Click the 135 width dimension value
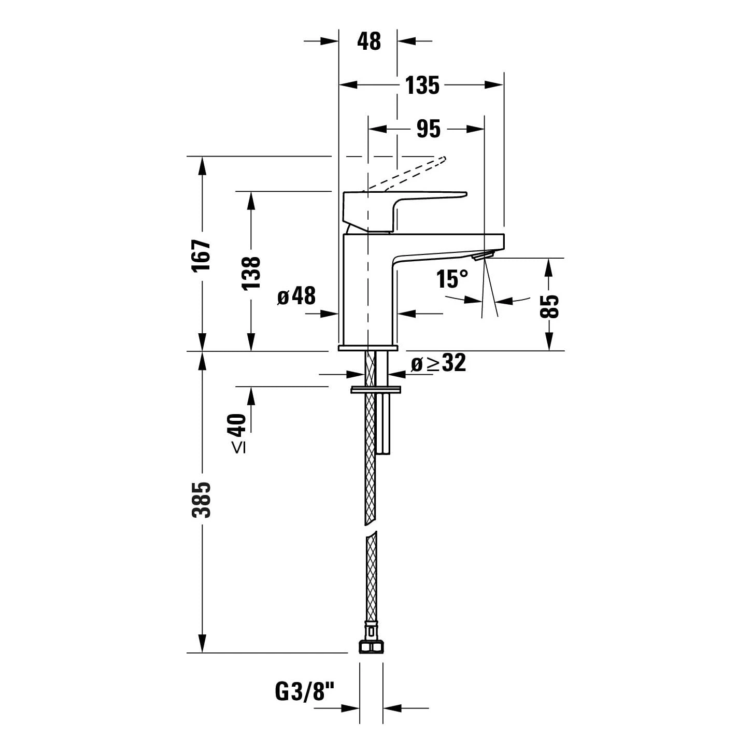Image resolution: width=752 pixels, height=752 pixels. click(422, 86)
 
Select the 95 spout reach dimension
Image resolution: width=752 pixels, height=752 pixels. click(429, 129)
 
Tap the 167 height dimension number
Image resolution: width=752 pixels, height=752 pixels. click(202, 255)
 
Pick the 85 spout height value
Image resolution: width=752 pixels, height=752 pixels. click(550, 305)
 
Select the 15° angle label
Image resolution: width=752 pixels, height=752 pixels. click(452, 279)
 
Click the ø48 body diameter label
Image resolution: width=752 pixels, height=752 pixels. click(296, 296)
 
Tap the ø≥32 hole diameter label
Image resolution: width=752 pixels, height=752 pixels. click(438, 363)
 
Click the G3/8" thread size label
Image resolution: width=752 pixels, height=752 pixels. click(305, 692)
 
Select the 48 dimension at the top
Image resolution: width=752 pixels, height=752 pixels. click(369, 41)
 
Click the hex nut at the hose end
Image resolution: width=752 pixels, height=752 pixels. click(371, 647)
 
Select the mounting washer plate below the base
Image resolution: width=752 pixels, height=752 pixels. click(376, 389)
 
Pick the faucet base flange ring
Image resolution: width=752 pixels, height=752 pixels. click(368, 348)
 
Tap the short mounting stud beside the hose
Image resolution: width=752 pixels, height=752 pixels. click(385, 422)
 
